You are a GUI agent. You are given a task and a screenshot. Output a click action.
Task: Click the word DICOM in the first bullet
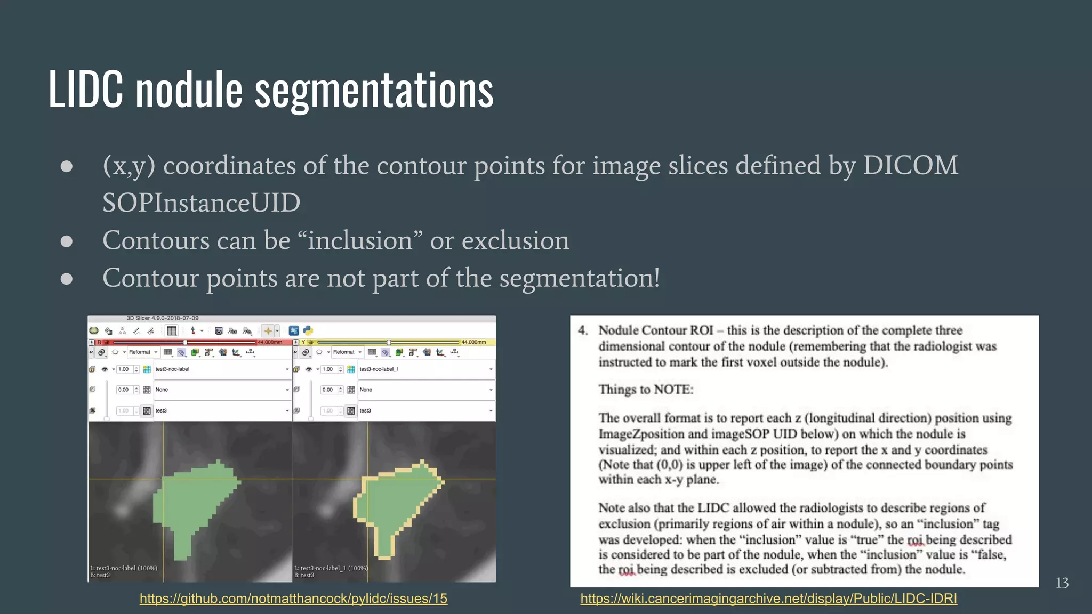pos(910,165)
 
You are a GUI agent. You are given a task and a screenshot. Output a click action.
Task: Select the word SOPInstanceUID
pos(201,203)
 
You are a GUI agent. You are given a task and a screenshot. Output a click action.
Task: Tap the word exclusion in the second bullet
pos(515,240)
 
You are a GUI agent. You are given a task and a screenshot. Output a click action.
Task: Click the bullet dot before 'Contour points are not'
pos(67,279)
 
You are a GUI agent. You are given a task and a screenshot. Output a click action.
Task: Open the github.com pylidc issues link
pos(293,599)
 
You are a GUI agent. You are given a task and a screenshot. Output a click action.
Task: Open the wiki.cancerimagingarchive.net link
pos(768,599)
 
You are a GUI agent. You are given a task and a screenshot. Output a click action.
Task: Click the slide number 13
pos(1062,583)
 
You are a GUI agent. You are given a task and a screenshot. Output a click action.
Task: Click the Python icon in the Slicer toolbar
pos(308,331)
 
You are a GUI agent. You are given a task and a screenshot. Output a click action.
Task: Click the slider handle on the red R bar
pos(185,342)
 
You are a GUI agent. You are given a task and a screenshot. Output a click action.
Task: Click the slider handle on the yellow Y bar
pos(389,342)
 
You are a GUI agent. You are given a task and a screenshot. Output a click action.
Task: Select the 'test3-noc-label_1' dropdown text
pos(379,369)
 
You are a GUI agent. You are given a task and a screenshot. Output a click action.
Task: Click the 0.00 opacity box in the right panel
pos(327,390)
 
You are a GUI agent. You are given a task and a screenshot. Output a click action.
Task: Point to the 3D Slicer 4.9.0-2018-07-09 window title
pos(163,318)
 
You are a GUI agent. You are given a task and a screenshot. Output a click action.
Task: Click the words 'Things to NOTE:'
pos(646,390)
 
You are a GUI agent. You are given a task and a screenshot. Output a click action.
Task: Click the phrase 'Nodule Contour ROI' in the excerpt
pos(655,330)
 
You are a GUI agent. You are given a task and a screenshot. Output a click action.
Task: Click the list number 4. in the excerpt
pos(583,330)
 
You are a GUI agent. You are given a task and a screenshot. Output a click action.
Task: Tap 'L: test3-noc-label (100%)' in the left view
pos(124,568)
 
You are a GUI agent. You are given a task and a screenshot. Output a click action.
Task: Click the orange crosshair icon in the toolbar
pos(268,331)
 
